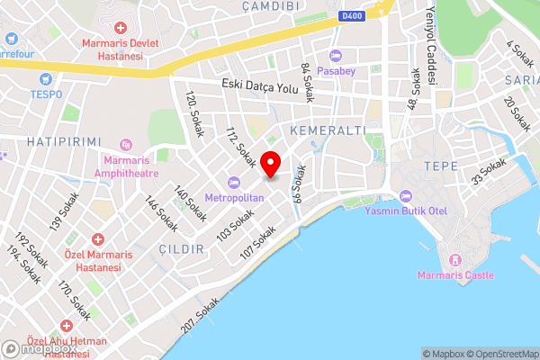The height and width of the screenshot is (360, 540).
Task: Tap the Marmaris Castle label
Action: click(x=455, y=275)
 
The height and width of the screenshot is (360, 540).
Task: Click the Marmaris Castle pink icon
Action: click(x=455, y=260)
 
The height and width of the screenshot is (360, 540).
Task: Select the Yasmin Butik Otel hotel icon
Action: click(x=404, y=196)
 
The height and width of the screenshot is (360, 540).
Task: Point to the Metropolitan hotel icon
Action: click(x=233, y=182)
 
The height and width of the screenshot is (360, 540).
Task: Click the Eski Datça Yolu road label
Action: click(x=260, y=87)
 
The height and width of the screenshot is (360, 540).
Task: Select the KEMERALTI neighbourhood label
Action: click(x=328, y=130)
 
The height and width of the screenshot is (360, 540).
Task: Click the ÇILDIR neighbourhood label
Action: click(x=180, y=248)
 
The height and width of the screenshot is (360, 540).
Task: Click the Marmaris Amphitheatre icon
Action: click(x=126, y=144)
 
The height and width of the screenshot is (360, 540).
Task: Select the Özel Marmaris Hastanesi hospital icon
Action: click(x=97, y=240)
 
